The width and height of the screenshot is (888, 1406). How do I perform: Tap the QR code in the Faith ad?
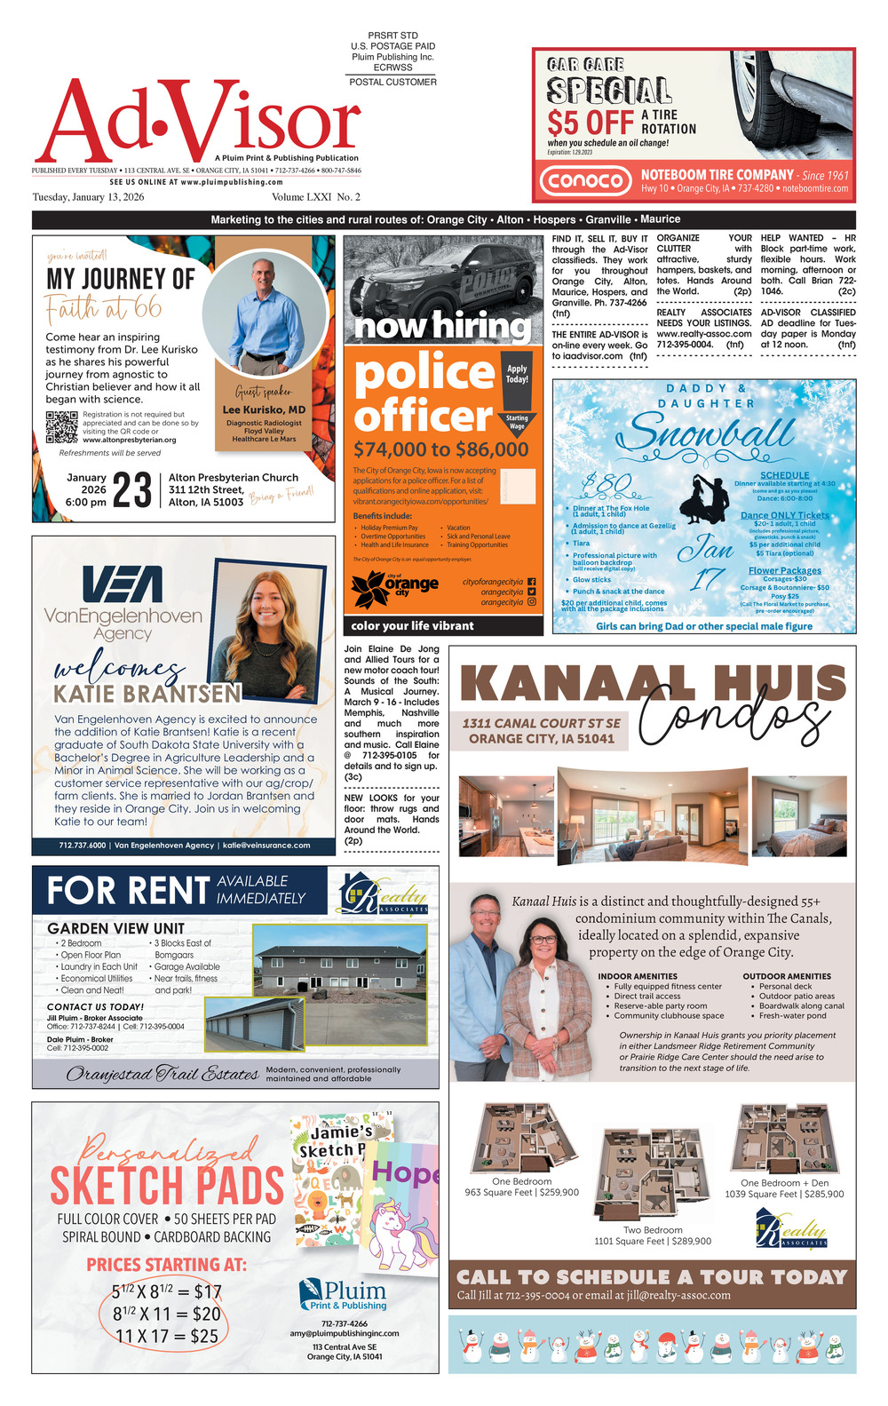pyautogui.click(x=61, y=427)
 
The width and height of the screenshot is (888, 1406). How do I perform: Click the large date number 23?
pyautogui.click(x=132, y=489)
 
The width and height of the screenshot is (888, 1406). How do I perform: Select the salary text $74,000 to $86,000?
pyautogui.click(x=440, y=449)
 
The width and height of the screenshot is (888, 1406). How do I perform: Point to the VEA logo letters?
pyautogui.click(x=123, y=584)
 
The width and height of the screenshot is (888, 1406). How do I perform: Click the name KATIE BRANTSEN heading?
pyautogui.click(x=147, y=693)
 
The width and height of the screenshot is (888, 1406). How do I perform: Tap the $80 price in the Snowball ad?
pyautogui.click(x=607, y=485)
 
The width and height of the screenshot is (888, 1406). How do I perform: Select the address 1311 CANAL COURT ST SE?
pyautogui.click(x=541, y=723)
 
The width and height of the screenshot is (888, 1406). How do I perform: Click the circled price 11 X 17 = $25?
pyautogui.click(x=166, y=1335)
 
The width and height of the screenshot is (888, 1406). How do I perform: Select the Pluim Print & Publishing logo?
pyautogui.click(x=344, y=1294)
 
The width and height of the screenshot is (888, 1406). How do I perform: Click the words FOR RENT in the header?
pyautogui.click(x=128, y=891)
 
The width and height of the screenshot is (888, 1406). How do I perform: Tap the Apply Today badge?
pyautogui.click(x=517, y=374)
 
